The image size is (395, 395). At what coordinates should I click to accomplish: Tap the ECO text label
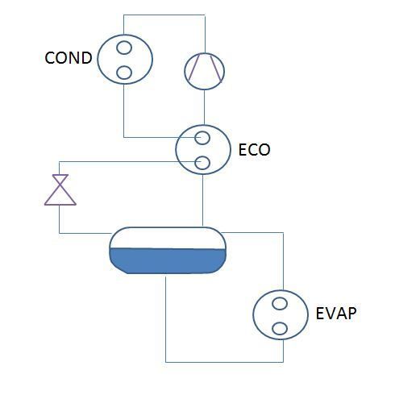[254, 149]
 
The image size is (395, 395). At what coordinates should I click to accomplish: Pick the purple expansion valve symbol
[58, 190]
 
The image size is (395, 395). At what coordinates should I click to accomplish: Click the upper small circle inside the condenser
[124, 48]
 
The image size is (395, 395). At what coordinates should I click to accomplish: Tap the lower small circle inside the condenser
[124, 73]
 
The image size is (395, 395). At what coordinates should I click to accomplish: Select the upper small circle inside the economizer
[202, 138]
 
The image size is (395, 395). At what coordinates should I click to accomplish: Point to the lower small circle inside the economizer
[202, 164]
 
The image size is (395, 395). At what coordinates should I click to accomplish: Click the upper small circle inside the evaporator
[280, 304]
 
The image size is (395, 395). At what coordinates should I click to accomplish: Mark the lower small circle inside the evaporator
[280, 329]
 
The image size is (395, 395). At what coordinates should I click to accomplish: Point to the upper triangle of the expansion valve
[58, 181]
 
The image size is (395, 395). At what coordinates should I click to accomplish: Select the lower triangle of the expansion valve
[58, 198]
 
